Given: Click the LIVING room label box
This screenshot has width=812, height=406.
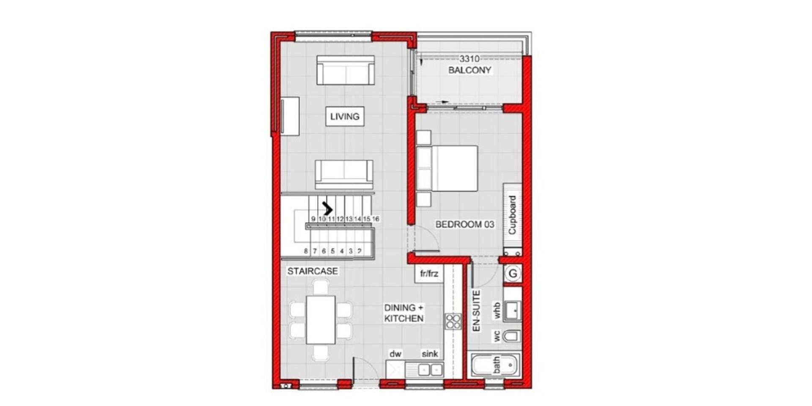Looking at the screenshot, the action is coord(345,116).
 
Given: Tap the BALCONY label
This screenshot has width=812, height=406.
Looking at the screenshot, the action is coord(469,70).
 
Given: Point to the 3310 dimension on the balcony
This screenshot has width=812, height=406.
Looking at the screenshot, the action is coord(469,59).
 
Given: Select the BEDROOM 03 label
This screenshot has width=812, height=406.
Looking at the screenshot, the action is coord(465,224).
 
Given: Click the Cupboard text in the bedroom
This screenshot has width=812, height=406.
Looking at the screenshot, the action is coord(512,215).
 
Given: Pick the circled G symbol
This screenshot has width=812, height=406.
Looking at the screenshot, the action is coord(513,274).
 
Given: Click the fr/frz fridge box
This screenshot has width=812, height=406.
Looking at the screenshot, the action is coord(429,274).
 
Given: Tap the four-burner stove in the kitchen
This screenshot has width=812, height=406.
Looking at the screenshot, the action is coord(453,321).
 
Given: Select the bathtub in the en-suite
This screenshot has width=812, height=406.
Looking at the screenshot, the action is coord(494,365).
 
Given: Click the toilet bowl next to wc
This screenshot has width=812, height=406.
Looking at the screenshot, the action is coord(511,336).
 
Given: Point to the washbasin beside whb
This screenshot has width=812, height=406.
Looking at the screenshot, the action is coord(512,311).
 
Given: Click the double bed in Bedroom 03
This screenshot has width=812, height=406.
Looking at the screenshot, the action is coord(447,168).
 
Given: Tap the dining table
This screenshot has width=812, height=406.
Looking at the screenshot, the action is coord(321,320).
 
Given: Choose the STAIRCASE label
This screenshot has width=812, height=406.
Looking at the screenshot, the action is coord(313,271).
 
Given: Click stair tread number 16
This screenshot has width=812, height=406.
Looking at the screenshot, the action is coord(376,219).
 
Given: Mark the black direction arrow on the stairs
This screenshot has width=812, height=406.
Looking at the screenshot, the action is coord(327,208).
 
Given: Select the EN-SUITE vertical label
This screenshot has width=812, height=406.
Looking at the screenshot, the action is coord(476,311).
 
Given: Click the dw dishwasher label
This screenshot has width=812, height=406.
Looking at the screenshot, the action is coord(395,354).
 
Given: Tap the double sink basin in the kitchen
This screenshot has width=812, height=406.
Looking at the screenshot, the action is coord(430,370).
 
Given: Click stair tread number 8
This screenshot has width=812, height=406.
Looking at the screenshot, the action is coord(306,251).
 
